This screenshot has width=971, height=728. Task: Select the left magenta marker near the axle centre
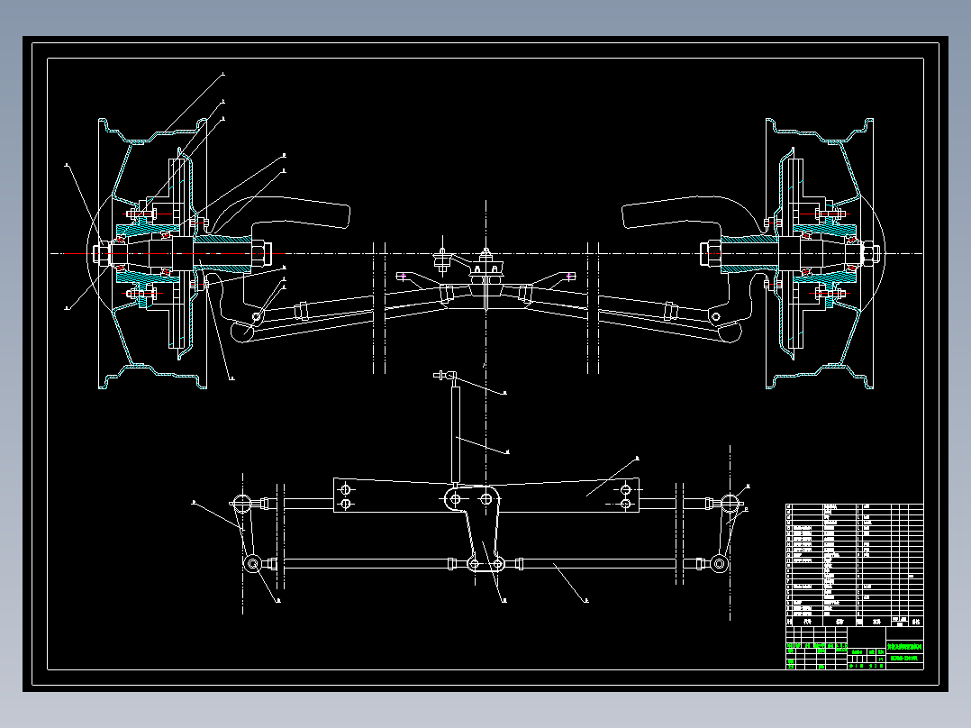pyautogui.click(x=402, y=275)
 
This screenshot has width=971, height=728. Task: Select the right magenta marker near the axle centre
pyautogui.click(x=570, y=275)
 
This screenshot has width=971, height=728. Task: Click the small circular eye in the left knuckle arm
pyautogui.click(x=258, y=316)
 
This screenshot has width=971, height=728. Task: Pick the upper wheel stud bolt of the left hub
pyautogui.click(x=142, y=214)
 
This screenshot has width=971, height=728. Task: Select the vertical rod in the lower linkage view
pyautogui.click(x=455, y=432)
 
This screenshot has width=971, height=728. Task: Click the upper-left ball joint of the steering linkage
pyautogui.click(x=241, y=503)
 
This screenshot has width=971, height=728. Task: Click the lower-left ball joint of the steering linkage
pyautogui.click(x=253, y=564)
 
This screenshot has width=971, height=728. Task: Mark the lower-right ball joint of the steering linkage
pyautogui.click(x=718, y=564)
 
